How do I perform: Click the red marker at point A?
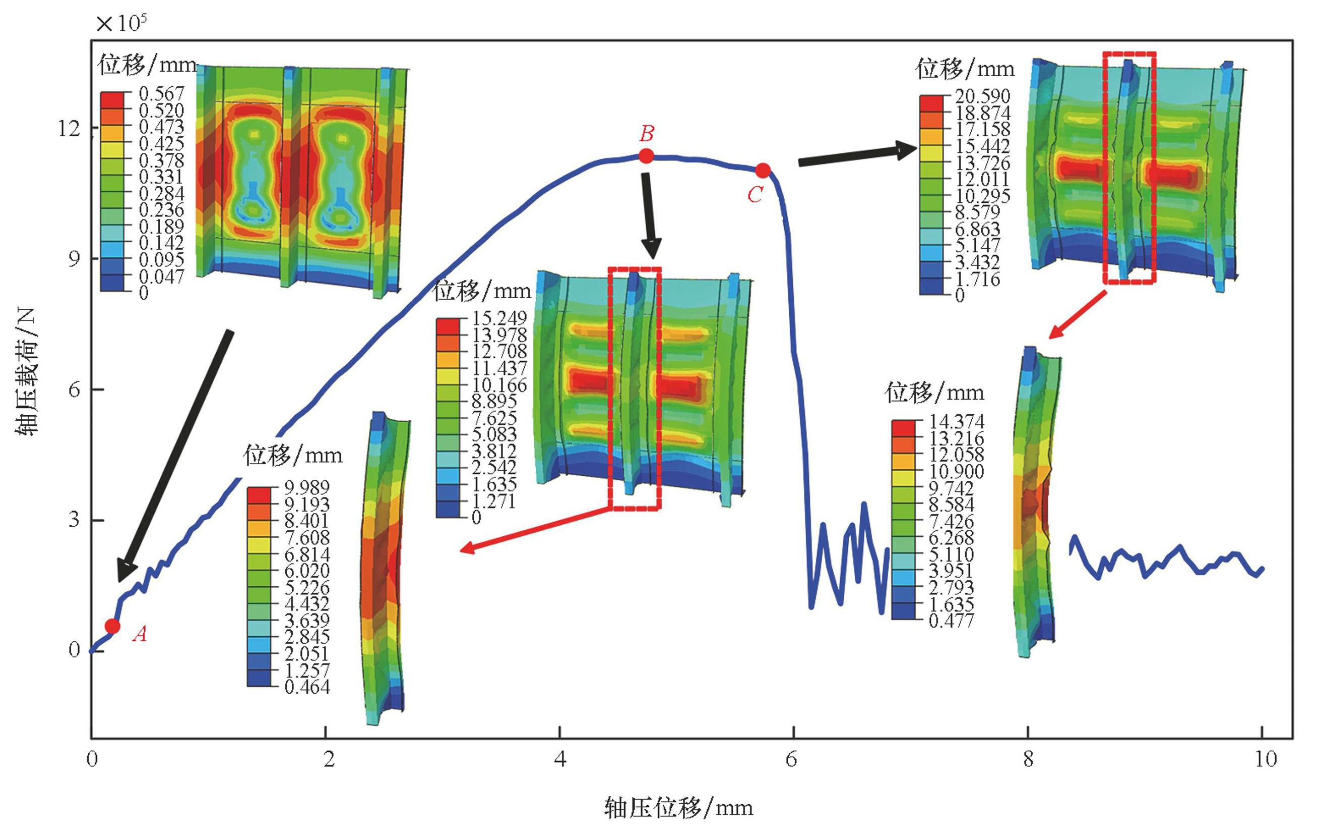112,626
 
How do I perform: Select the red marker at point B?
646,156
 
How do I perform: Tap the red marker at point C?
763,171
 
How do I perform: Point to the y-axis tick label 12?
69,129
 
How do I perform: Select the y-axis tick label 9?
74,259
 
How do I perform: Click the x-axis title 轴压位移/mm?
678,808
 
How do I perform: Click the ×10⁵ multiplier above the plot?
121,24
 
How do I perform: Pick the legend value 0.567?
161,94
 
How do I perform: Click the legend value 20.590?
982,96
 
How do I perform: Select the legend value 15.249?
499,318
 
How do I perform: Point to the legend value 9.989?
307,487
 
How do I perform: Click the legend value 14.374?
957,421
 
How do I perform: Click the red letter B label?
647,133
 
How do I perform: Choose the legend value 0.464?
307,687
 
